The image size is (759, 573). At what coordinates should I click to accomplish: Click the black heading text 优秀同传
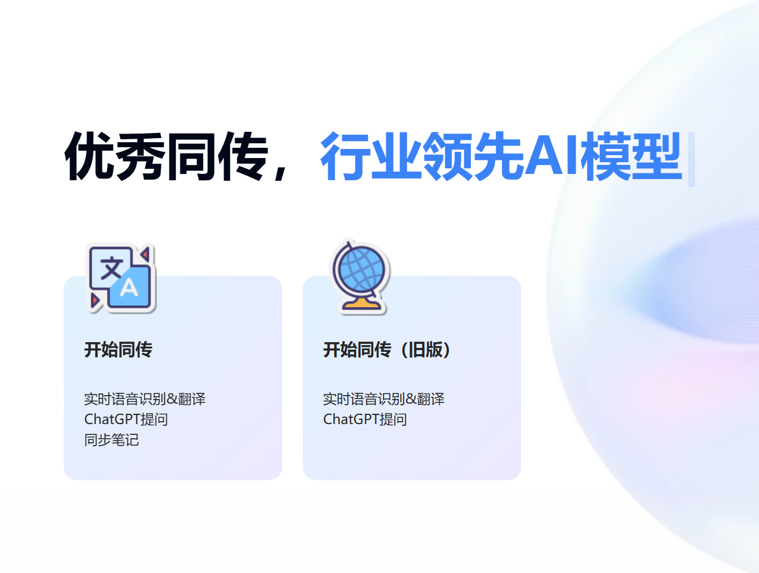[166, 156]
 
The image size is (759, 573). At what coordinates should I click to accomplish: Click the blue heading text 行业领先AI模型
[501, 156]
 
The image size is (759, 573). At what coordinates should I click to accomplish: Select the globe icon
[361, 277]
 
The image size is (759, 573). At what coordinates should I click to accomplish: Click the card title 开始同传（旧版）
[387, 350]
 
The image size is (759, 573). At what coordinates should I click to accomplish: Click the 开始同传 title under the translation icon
[118, 350]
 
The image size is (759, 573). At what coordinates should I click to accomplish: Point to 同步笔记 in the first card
[112, 440]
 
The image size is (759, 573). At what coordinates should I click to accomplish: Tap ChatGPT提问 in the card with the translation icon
[126, 420]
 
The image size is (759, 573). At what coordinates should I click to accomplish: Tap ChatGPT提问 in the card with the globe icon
[365, 420]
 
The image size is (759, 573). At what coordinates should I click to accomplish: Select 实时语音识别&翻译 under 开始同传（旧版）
[383, 399]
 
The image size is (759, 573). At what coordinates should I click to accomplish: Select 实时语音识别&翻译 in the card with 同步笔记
[145, 399]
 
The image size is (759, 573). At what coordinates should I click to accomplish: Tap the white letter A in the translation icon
[130, 288]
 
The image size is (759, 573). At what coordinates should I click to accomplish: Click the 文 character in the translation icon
[111, 267]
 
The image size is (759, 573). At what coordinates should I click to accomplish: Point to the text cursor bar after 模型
[691, 159]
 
